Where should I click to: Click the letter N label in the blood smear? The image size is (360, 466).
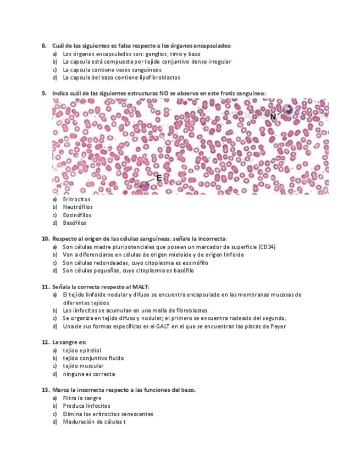point(273,116)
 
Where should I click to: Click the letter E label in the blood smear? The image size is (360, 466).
point(158,177)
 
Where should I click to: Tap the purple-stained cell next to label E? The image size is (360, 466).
point(143,186)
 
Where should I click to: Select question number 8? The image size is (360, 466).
point(44,46)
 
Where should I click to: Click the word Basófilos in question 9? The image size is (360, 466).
point(74,223)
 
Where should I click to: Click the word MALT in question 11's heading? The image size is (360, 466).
point(140,286)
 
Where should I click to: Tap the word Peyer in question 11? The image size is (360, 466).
point(278,326)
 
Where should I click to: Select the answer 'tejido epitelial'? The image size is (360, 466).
point(82,350)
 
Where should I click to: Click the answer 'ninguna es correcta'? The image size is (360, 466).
point(88,374)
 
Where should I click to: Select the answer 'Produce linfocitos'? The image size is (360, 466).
point(86,406)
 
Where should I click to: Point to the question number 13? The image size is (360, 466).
point(46,390)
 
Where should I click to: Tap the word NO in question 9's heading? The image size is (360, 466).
point(163,93)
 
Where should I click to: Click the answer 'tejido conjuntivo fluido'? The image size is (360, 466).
point(93,358)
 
